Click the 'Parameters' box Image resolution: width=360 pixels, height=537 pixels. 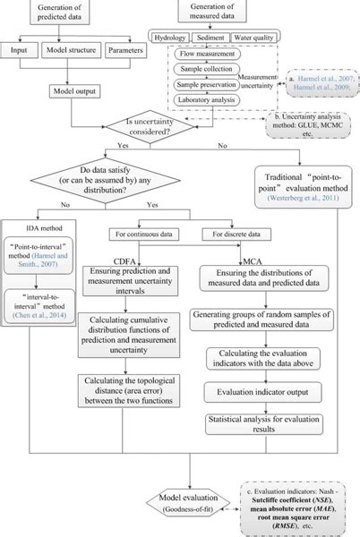[x=126, y=51]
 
